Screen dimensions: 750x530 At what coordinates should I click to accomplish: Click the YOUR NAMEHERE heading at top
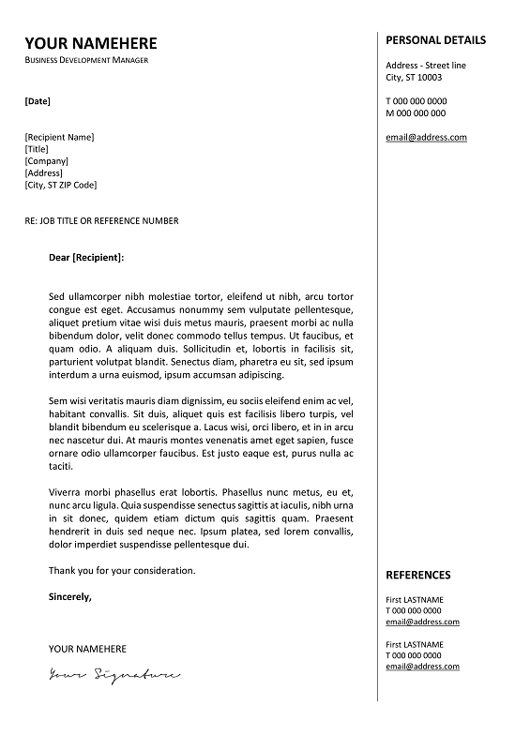[91, 43]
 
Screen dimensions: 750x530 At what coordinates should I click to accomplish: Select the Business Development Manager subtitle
[86, 60]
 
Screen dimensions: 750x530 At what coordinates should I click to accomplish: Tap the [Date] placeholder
[38, 100]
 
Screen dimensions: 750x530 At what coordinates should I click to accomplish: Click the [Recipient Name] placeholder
[59, 137]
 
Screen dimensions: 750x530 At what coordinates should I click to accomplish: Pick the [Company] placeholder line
[46, 161]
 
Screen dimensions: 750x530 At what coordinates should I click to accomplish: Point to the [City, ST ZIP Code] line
[60, 185]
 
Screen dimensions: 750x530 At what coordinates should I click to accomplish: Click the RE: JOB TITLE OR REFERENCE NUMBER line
[101, 221]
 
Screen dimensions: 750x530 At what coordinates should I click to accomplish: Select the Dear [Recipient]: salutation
[86, 256]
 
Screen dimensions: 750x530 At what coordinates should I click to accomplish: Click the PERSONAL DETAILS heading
[435, 40]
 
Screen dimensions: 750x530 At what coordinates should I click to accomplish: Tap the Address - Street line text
[425, 66]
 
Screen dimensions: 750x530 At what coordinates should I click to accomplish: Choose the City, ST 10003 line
[414, 78]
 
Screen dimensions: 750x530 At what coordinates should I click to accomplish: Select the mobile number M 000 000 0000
[416, 113]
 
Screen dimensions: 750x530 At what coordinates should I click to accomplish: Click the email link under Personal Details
[426, 138]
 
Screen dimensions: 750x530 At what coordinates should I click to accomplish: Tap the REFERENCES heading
[417, 575]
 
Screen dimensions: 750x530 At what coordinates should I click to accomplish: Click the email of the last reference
[422, 666]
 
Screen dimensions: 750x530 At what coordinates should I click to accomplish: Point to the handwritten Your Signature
[114, 673]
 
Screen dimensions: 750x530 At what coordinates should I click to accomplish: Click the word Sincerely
[70, 595]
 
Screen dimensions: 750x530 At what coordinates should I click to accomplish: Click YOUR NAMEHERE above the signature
[87, 649]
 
